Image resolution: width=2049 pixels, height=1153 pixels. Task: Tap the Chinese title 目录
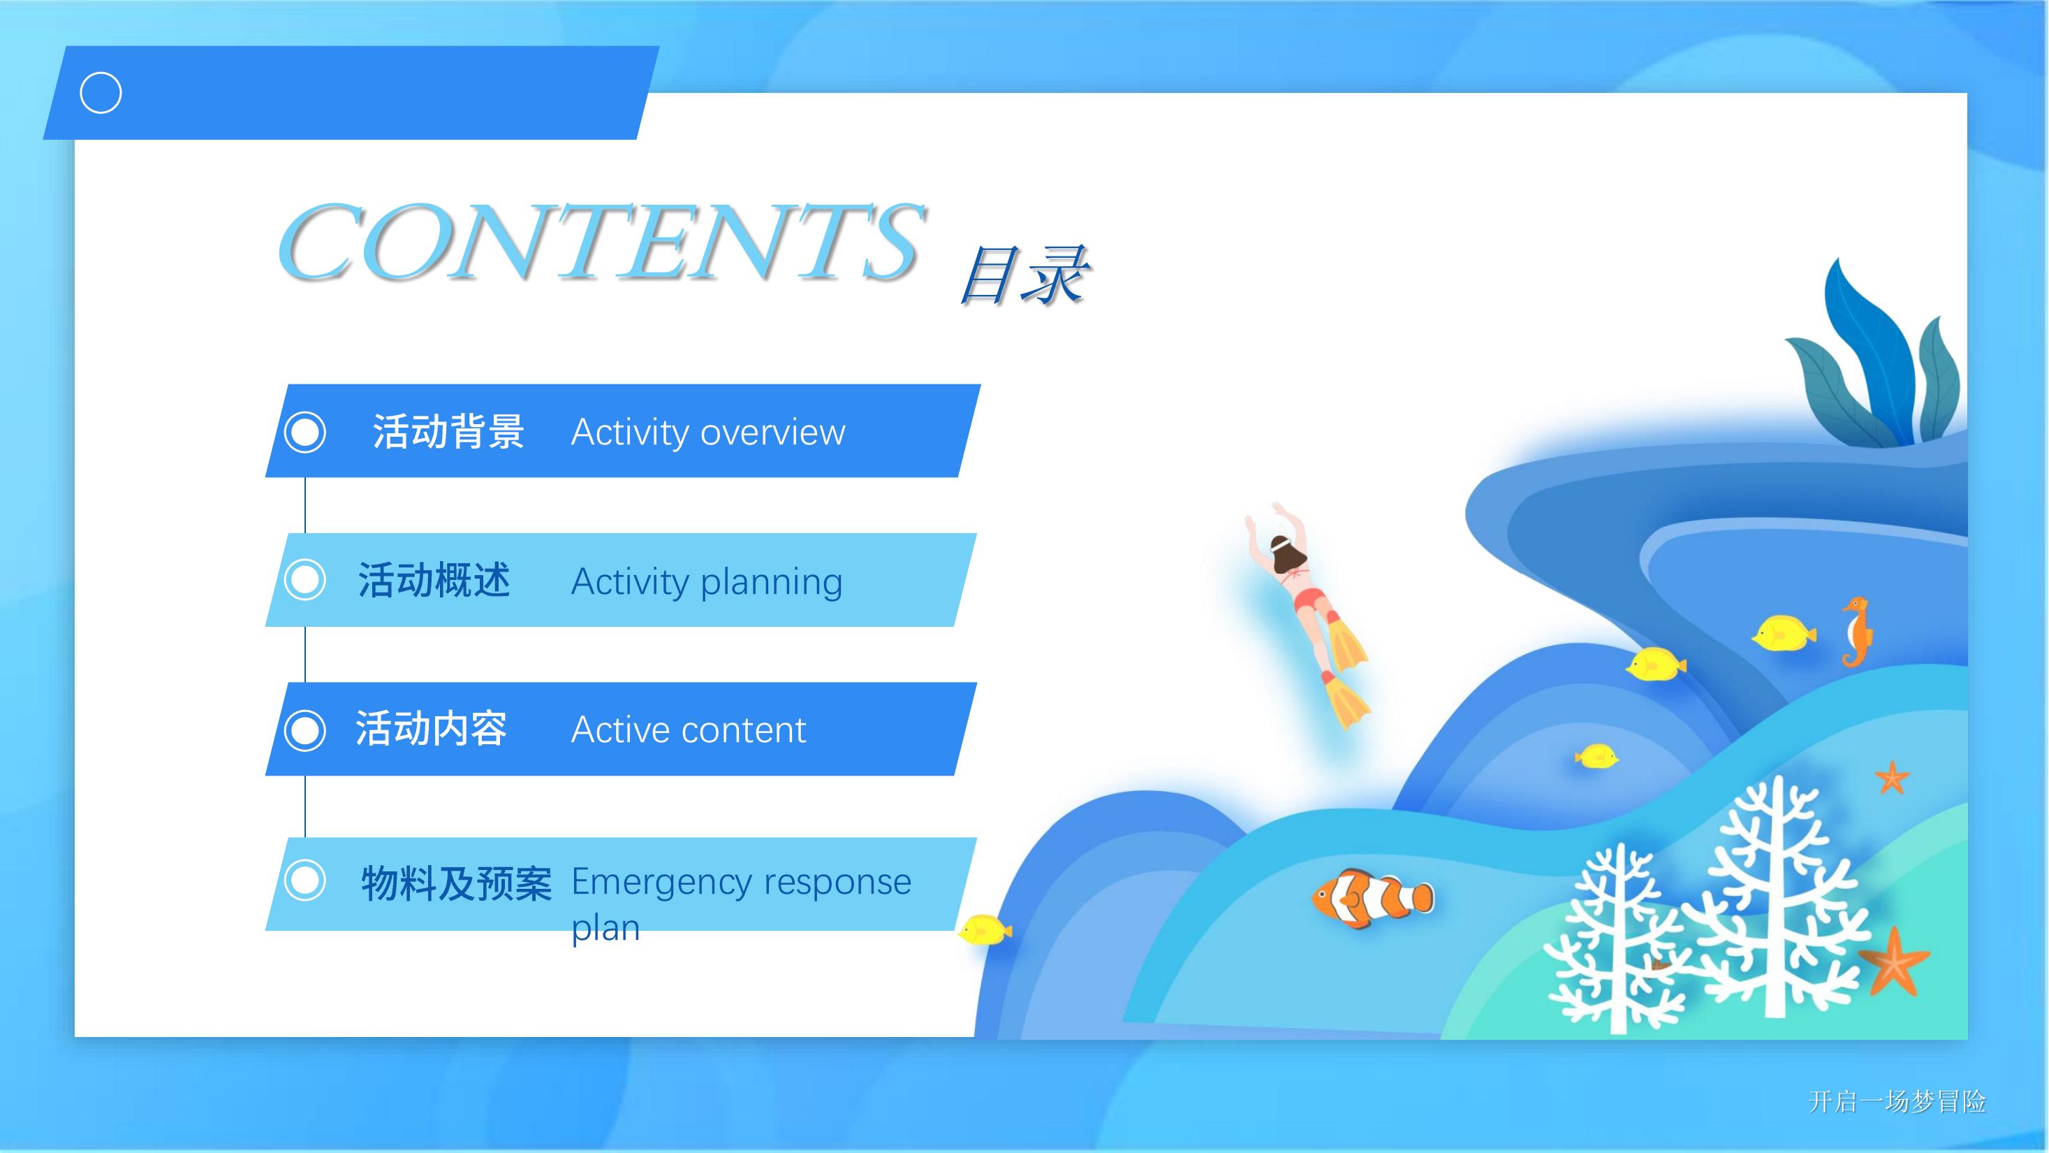(1024, 275)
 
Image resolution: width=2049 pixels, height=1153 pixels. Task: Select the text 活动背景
(448, 432)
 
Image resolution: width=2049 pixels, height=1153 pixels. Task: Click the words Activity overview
(708, 432)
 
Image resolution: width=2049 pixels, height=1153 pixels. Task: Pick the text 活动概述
(434, 580)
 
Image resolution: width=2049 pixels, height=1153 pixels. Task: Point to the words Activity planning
(706, 581)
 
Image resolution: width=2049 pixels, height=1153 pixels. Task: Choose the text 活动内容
(431, 729)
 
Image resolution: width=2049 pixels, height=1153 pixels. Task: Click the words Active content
(689, 730)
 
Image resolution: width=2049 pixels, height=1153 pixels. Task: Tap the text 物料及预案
(457, 883)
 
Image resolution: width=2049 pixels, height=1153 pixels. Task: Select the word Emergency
(661, 883)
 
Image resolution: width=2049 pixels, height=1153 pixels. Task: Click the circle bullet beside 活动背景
(304, 432)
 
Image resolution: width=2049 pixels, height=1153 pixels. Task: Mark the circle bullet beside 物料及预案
(304, 880)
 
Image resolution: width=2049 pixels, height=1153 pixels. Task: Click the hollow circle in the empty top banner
(101, 93)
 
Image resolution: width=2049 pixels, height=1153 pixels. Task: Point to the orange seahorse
(1856, 632)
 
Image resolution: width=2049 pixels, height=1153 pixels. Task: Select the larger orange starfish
(1894, 962)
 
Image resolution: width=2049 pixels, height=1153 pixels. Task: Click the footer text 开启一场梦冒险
(1897, 1101)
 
